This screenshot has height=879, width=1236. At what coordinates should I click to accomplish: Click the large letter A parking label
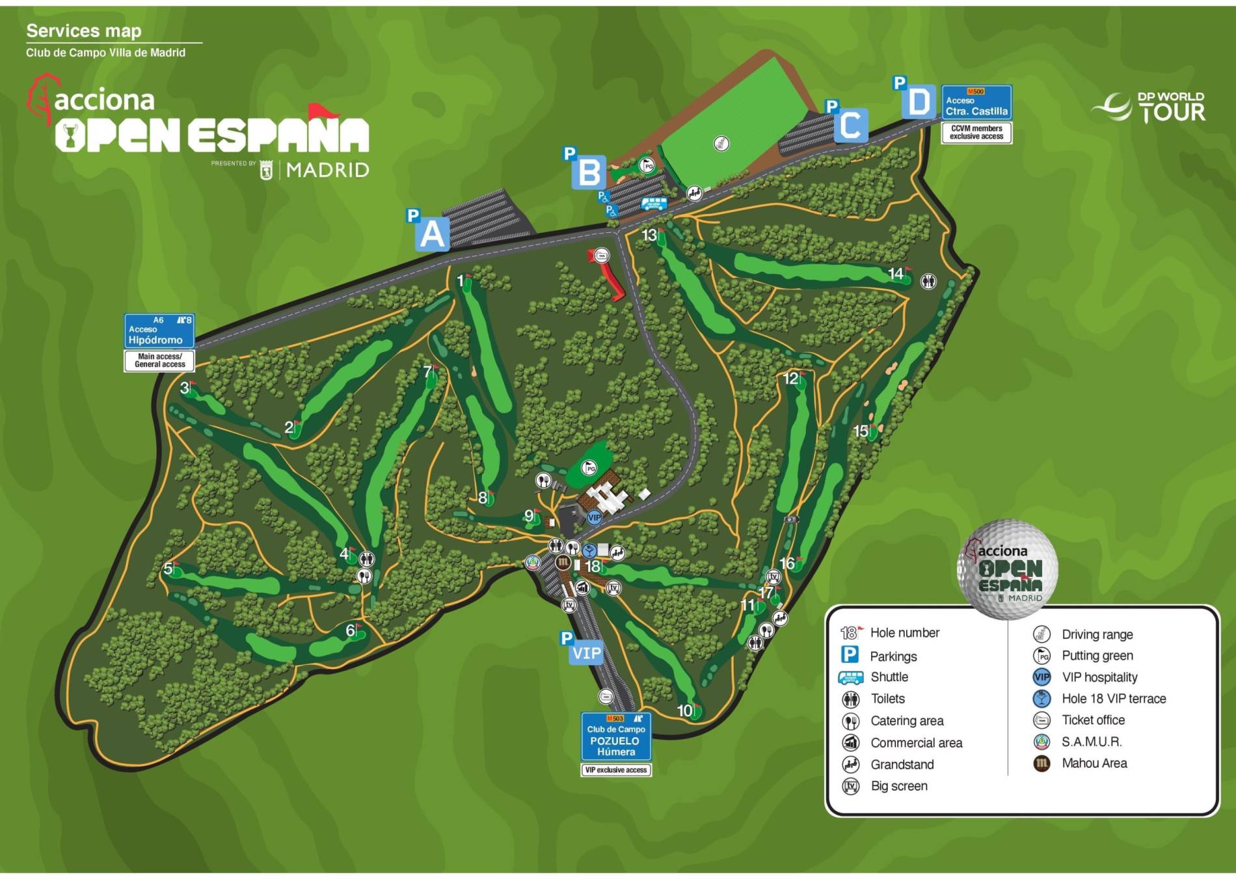[x=433, y=234]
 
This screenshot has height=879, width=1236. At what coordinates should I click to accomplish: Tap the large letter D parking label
[x=919, y=102]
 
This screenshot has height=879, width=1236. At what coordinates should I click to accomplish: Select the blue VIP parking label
[x=586, y=653]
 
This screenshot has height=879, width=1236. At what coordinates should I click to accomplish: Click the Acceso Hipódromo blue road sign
[x=159, y=331]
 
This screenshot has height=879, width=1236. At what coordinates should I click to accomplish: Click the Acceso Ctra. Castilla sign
[x=976, y=102]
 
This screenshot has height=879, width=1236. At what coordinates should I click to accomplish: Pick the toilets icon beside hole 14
[x=928, y=281]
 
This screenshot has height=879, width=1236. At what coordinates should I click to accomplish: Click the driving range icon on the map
[x=721, y=143]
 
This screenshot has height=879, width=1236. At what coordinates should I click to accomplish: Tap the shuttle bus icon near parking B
[x=653, y=204]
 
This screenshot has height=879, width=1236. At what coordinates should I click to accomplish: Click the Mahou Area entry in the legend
[x=1094, y=763]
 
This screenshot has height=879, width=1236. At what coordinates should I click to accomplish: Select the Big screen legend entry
[x=898, y=786]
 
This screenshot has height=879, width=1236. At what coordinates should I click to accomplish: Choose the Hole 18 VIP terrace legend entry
[x=1113, y=699]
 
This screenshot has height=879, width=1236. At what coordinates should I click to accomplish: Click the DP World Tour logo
[x=1149, y=107]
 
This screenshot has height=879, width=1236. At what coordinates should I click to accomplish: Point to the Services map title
[x=84, y=31]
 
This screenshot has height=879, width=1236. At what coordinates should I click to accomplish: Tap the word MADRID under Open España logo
[x=327, y=170]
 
